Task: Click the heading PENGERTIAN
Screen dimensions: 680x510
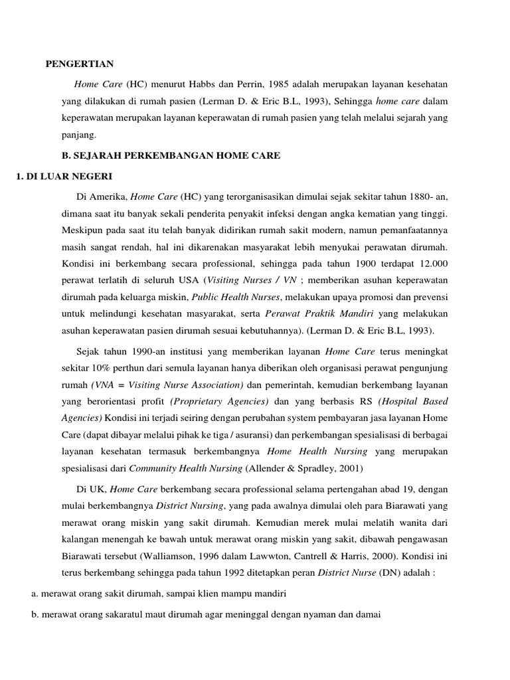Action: pos(80,64)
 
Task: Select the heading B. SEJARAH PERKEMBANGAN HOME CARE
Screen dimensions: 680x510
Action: pos(171,155)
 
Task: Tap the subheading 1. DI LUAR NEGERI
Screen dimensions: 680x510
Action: pos(63,176)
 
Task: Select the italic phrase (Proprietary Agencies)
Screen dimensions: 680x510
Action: pos(220,402)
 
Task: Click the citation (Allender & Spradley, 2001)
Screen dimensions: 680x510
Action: pos(294,468)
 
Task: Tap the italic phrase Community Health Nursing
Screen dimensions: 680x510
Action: pos(186,468)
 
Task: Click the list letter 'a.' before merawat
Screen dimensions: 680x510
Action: pos(35,594)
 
